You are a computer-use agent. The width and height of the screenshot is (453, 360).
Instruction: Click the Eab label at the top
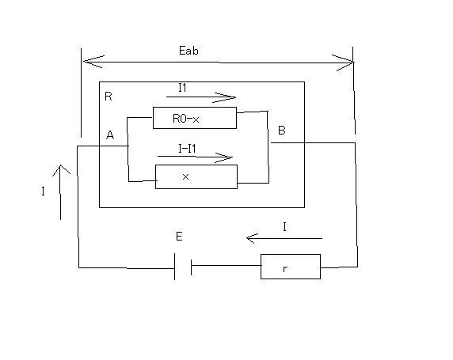click(x=188, y=51)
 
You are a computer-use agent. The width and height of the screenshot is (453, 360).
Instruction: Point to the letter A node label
click(x=110, y=135)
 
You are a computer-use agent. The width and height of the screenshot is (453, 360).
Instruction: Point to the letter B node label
click(x=282, y=131)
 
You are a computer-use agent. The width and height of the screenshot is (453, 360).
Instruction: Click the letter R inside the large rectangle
click(x=108, y=97)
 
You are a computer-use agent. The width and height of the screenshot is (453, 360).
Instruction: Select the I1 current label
click(x=182, y=88)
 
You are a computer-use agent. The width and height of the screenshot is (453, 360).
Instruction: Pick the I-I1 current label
click(x=187, y=149)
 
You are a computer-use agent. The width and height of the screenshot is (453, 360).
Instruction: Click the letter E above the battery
click(x=179, y=236)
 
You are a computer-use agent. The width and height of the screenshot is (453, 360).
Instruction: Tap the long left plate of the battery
click(x=174, y=267)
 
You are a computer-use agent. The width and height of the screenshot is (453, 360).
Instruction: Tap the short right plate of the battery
click(x=191, y=267)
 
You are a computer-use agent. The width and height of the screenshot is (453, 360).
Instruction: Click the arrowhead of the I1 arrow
click(x=226, y=97)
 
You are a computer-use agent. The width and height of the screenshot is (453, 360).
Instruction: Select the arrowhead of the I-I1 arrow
click(x=224, y=157)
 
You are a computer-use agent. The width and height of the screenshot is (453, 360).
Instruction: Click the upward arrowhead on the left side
click(x=61, y=170)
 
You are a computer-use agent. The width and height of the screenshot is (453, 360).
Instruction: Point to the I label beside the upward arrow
click(x=43, y=191)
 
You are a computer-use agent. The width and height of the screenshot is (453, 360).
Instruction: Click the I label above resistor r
click(x=284, y=227)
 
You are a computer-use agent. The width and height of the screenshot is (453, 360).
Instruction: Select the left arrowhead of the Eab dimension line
click(x=93, y=61)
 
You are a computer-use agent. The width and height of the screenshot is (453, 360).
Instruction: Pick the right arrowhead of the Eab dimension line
click(x=344, y=63)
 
